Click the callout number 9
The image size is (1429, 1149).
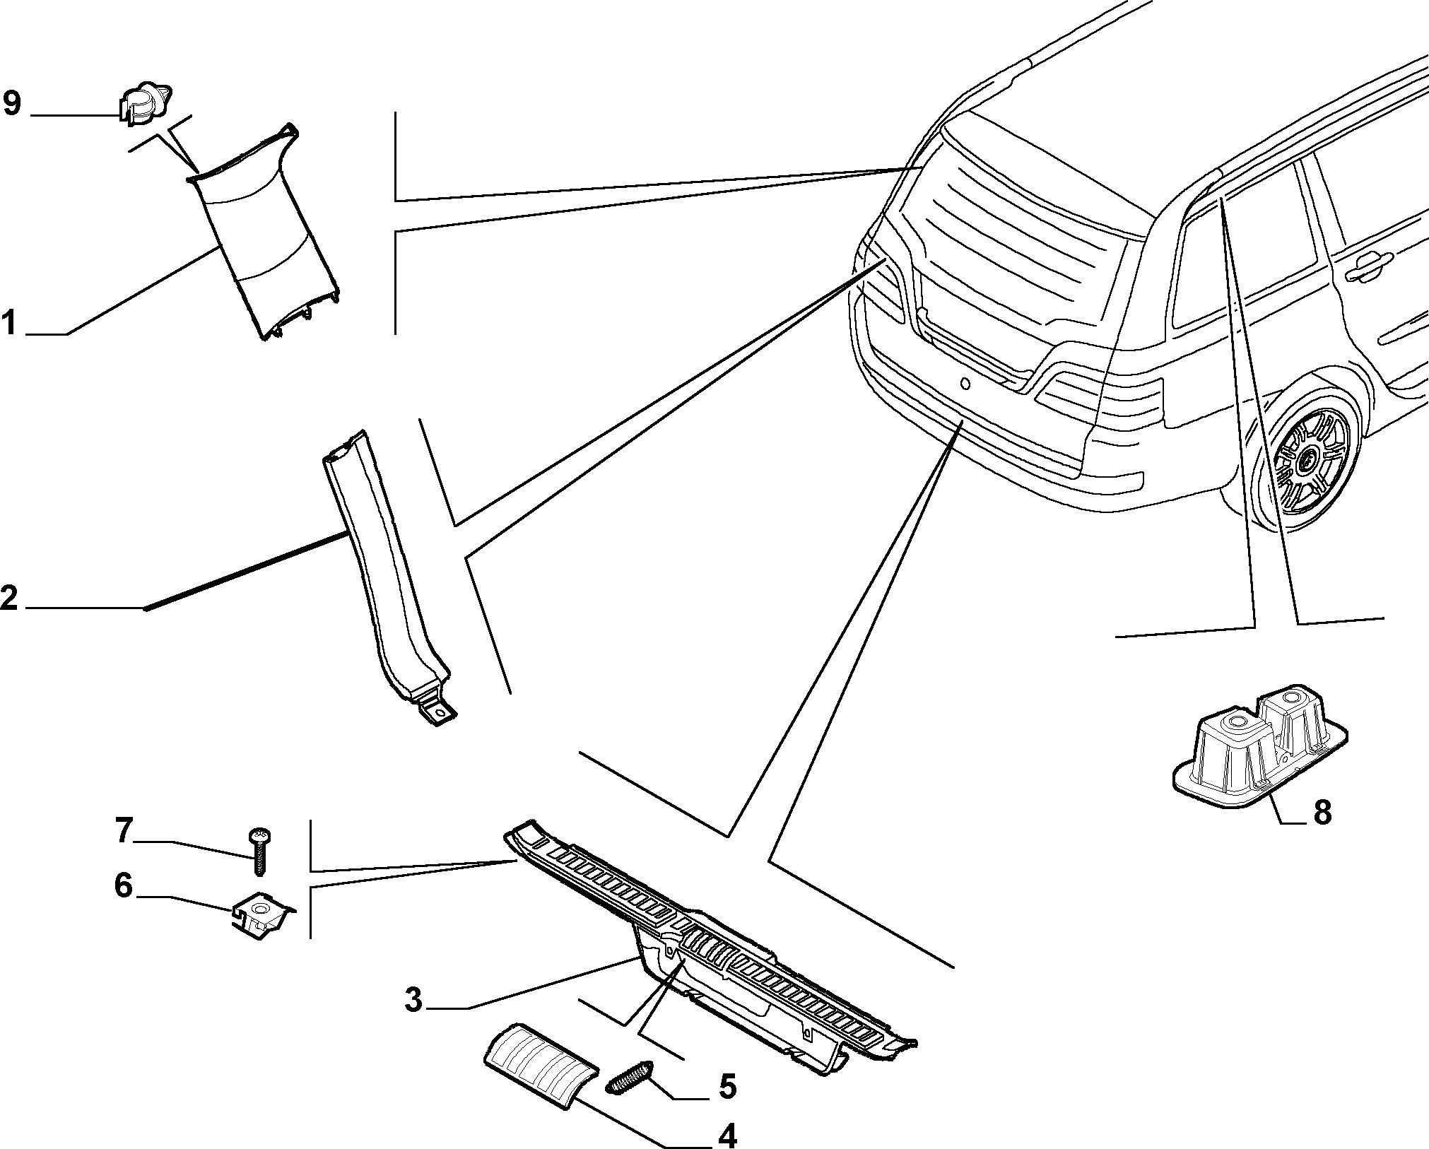12,105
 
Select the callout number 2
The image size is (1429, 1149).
9,599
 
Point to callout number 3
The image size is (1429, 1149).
413,1000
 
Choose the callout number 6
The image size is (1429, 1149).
124,885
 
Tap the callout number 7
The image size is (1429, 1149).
124,831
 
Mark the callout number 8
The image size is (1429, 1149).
1322,813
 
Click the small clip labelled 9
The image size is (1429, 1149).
143,105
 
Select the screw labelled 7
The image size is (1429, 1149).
259,851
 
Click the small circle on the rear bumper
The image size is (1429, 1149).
964,384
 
